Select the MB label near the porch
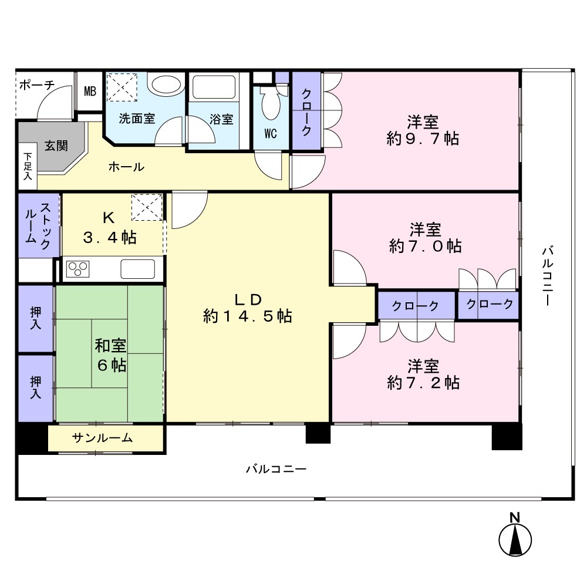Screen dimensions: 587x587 [90, 91]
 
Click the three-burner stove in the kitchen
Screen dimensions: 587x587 [78, 268]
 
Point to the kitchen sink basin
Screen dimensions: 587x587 [138, 269]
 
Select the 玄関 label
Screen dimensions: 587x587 [56, 146]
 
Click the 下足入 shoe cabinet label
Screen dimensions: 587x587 [28, 166]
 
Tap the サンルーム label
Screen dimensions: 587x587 [102, 438]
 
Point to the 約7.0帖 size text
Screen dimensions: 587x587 [425, 246]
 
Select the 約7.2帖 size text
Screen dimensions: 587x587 [423, 383]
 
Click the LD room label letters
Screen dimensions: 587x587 [248, 299]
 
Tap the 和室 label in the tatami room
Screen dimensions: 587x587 [110, 346]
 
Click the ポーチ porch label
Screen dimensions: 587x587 [37, 85]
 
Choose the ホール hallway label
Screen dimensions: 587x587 [126, 167]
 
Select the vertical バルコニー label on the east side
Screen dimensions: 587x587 [548, 276]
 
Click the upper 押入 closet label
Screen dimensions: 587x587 [36, 318]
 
